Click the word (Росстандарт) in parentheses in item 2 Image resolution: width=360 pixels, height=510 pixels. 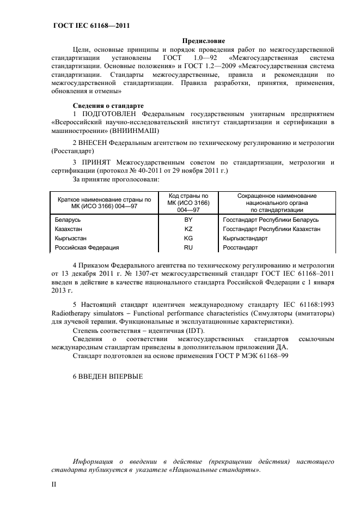pyautogui.click(x=72, y=150)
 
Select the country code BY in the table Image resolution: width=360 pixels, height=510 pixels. pyautogui.click(x=188, y=220)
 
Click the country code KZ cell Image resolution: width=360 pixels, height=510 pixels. pyautogui.click(x=188, y=229)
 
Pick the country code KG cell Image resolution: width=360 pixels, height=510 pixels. pyautogui.click(x=188, y=238)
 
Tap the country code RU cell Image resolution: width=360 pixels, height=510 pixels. pyautogui.click(x=188, y=247)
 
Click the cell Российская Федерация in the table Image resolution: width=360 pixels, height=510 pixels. pyautogui.click(x=87, y=247)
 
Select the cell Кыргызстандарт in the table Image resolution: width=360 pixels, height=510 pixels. pyautogui.click(x=245, y=238)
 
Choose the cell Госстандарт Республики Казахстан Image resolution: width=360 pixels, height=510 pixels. pyautogui.click(x=271, y=229)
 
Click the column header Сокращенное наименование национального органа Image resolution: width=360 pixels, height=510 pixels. pyautogui.click(x=277, y=202)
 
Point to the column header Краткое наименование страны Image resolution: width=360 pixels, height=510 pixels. pyautogui.click(x=104, y=202)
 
